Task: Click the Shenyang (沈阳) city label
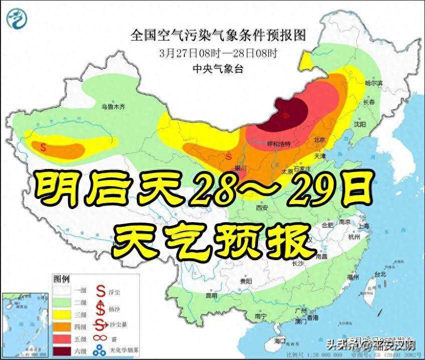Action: tap(360, 123)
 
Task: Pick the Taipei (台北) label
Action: tap(380, 274)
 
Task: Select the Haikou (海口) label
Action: tap(280, 341)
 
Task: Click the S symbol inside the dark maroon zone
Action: tap(286, 115)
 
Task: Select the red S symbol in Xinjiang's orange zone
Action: tap(43, 147)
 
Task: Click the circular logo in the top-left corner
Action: tap(17, 19)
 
